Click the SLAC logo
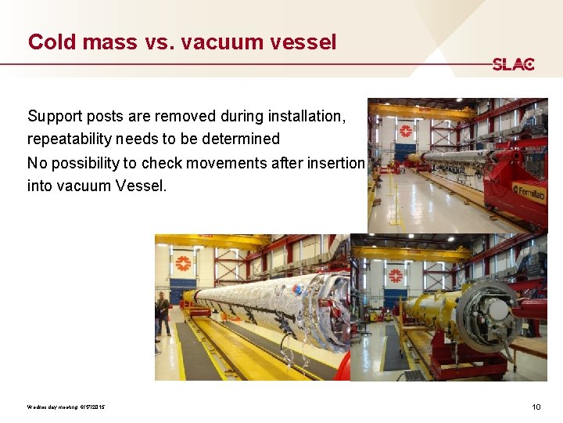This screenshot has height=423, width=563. point(513,64)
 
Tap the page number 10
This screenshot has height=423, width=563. point(536,407)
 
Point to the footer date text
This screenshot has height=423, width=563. point(66,407)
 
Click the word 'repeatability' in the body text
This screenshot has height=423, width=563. point(70,139)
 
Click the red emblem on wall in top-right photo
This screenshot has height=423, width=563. point(406,130)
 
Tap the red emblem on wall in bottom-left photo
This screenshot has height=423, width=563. point(182,262)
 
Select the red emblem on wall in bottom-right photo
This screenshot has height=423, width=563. point(396,276)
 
